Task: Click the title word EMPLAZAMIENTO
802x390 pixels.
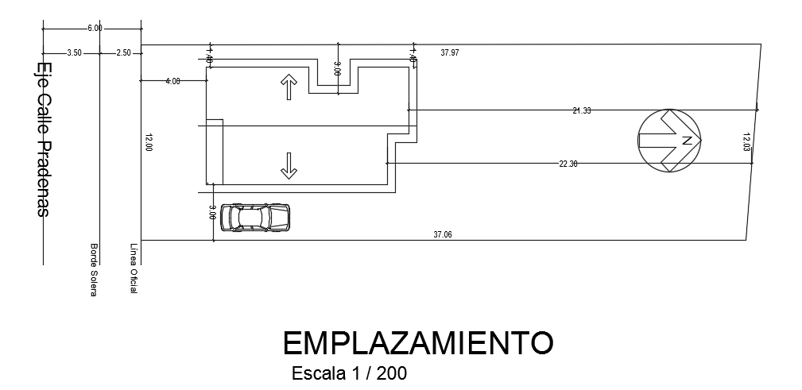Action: coord(417,342)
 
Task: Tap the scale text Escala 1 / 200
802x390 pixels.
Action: coord(350,373)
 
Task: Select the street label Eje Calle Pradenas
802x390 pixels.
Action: coord(45,139)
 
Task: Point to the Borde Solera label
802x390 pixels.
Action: coord(94,270)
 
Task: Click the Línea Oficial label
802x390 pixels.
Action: coord(134,270)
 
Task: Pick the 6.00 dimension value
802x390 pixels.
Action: coord(95,29)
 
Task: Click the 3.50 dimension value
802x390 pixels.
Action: coord(74,52)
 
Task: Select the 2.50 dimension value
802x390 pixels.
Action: coord(123,52)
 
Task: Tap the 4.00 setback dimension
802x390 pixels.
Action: coord(172,81)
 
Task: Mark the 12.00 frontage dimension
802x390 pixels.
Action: coord(149,142)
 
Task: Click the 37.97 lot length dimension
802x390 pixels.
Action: coord(450,52)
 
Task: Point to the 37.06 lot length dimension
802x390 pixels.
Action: coord(443,234)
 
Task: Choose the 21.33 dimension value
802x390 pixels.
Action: coord(581,110)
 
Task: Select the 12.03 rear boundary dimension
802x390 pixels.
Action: coord(746,142)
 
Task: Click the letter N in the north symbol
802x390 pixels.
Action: coord(687,141)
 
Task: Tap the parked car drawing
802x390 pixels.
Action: coord(255,217)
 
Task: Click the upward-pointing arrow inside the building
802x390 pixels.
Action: coord(288,87)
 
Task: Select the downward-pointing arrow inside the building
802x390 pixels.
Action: coord(288,164)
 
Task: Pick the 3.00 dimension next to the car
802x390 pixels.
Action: coord(212,212)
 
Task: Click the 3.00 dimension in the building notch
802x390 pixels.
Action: coord(337,68)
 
